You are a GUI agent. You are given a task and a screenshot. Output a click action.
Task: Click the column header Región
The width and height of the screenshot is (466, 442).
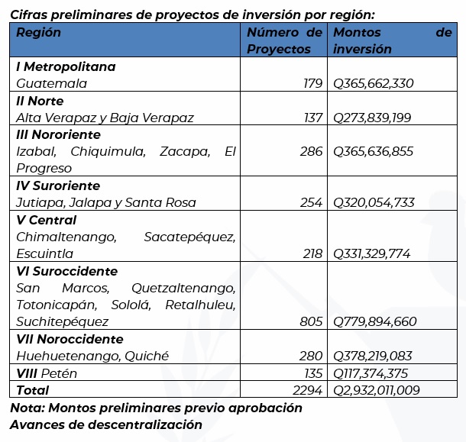pos(39,33)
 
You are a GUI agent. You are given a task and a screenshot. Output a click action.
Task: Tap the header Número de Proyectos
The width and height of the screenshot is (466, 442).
pos(284,41)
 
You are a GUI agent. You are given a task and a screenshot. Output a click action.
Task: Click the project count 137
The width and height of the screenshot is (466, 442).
pos(312,118)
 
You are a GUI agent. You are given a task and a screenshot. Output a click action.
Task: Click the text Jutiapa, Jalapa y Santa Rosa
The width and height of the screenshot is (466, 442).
pos(106,202)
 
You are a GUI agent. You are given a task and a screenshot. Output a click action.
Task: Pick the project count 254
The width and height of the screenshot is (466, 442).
pos(312,202)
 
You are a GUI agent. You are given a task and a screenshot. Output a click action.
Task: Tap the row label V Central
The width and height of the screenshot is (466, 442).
pos(47,220)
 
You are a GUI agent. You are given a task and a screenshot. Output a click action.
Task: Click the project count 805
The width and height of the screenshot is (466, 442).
pos(311,321)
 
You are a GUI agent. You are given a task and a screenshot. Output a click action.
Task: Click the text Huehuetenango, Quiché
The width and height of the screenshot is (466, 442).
pos(92,356)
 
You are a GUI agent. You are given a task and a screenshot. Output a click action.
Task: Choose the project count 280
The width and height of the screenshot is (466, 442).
pos(312,356)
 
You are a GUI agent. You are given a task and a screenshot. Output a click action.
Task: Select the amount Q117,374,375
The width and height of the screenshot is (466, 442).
pos(371,373)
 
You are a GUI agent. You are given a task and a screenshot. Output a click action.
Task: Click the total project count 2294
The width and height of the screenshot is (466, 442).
pos(308,390)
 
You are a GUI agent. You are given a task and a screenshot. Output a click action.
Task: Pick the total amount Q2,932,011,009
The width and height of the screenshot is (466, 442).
pos(377,390)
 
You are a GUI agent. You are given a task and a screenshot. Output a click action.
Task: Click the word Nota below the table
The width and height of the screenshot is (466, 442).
pos(27,408)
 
